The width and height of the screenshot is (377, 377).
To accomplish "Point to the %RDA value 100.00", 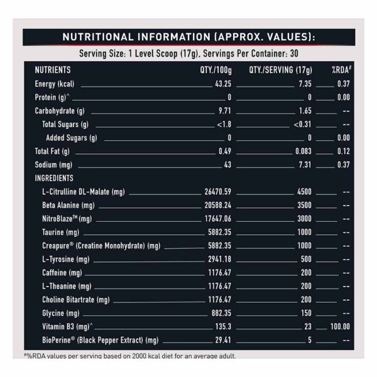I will point(339,326).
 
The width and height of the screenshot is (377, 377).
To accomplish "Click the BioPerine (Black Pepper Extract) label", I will point(100,340).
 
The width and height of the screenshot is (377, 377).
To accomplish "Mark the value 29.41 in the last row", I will point(223,340).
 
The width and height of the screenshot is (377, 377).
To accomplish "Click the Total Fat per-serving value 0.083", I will point(303,151).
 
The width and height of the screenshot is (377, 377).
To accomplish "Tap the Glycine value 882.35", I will point(220,313).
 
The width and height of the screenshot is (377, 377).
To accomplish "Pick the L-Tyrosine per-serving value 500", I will point(306,259).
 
